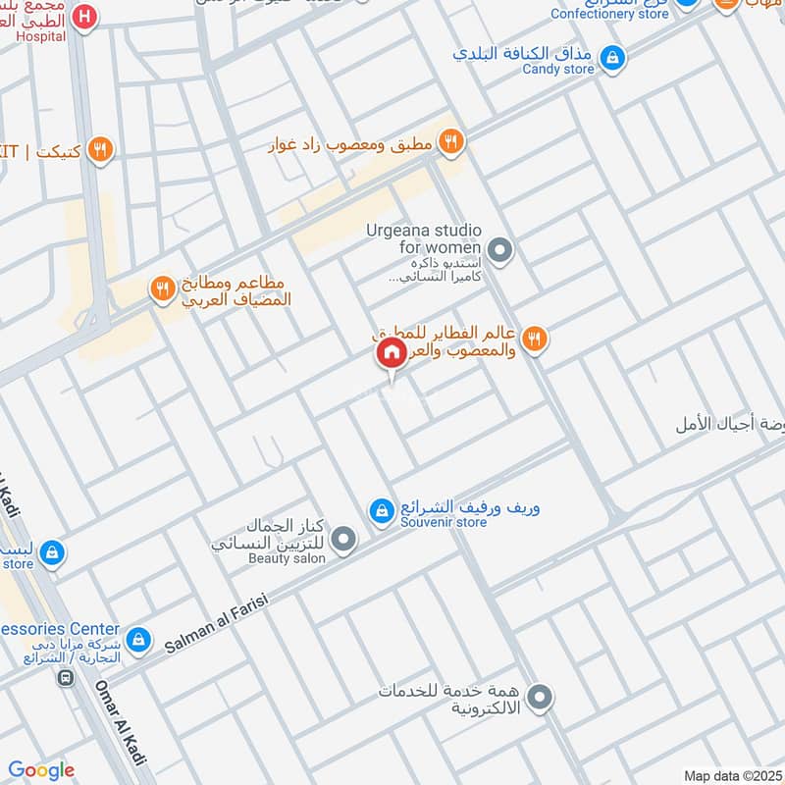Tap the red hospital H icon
tap(85, 17)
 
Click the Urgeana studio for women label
tap(424, 238)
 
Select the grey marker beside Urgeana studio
tap(500, 252)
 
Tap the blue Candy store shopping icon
tap(612, 58)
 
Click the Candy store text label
tap(557, 70)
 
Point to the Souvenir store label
tap(444, 523)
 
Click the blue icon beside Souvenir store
tap(381, 510)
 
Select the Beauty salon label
tap(288, 558)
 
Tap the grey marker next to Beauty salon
tap(343, 539)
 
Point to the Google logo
tap(40, 770)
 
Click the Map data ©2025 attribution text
tap(732, 775)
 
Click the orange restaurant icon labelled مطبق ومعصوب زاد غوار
tap(450, 142)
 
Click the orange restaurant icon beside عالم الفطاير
tap(534, 340)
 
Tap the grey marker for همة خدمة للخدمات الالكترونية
tap(539, 699)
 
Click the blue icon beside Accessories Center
tap(138, 639)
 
